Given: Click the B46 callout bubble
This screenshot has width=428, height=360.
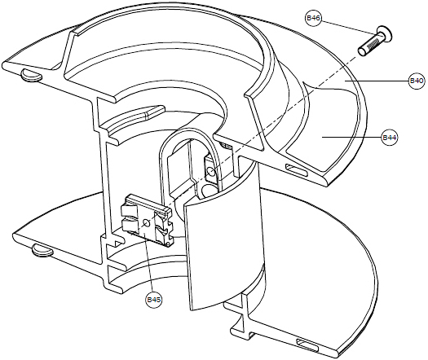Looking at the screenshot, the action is (x=313, y=18).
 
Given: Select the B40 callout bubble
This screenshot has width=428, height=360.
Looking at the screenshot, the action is (x=417, y=81).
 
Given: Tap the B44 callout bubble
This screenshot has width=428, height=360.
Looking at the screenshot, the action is (x=390, y=137).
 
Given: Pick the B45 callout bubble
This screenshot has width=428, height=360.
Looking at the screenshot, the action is (x=154, y=300).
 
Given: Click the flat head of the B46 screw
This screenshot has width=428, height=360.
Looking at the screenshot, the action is (x=385, y=33).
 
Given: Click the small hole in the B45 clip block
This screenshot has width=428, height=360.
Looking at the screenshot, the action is (x=147, y=223).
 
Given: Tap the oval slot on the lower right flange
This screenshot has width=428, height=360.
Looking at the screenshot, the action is (x=307, y=345).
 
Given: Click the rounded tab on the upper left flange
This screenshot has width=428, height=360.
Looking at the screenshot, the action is (x=31, y=75).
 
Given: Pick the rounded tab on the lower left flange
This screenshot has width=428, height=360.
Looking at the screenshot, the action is (x=42, y=251).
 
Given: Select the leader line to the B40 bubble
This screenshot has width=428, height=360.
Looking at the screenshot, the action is (x=377, y=81).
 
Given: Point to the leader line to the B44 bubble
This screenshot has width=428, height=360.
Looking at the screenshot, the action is (x=351, y=137).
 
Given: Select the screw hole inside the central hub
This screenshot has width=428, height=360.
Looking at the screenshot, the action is (x=210, y=171).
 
